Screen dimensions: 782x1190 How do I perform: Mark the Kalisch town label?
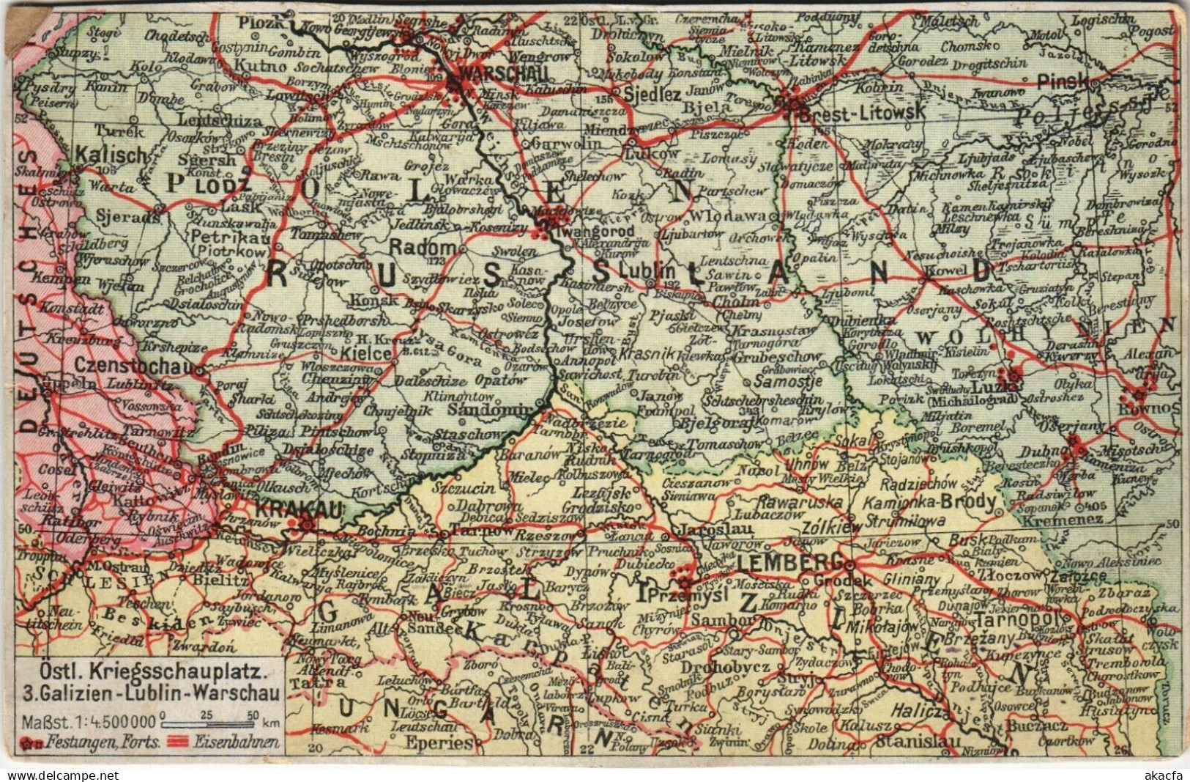(122, 156)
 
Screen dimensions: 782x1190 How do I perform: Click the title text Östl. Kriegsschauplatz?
(149, 670)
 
